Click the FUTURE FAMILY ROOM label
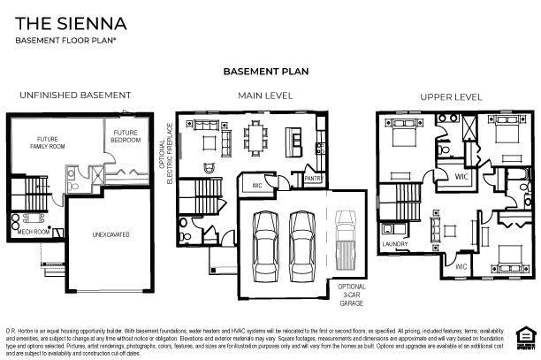coord(46,143)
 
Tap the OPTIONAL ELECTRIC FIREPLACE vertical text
coord(166,156)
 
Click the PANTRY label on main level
coord(312,178)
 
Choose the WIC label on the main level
coord(257,186)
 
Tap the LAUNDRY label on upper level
coord(393,243)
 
